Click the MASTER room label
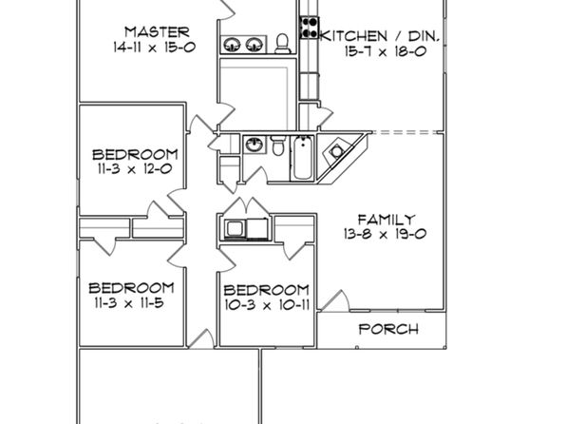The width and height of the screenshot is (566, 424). pos(157,32)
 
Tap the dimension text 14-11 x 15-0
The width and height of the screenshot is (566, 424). pos(155,47)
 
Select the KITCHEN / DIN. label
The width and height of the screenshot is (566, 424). pos(380,36)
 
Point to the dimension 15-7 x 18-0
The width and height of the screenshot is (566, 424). pos(386,51)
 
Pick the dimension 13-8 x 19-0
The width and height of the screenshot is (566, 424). pos(386,234)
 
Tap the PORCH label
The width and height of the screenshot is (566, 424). pos(388,329)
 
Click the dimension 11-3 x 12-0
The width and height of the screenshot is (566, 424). pos(135,169)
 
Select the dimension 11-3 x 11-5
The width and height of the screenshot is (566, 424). pos(129,303)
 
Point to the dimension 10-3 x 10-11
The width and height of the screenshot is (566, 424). pos(267,305)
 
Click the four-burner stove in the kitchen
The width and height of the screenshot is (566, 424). pos(310,28)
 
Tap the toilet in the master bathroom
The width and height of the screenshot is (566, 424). pos(282,44)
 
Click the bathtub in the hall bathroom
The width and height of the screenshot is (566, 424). pos(303,158)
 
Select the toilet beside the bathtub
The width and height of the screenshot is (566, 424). pos(277,145)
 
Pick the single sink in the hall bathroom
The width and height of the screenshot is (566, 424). pos(255,145)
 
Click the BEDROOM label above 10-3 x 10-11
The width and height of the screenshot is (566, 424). pos(267,290)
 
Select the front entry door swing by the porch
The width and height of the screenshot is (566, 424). pos(335,300)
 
